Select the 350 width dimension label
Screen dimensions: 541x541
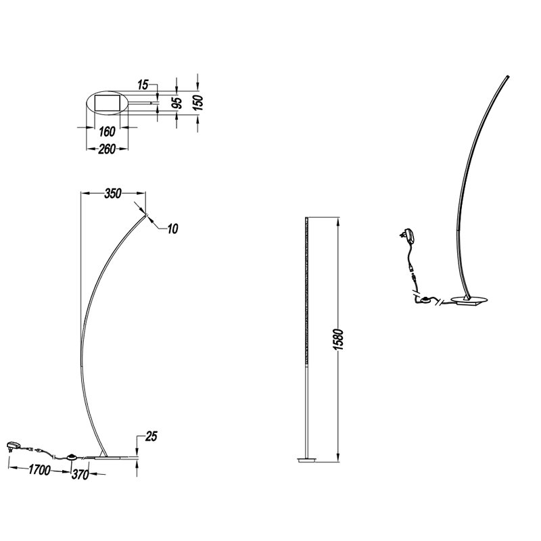113,193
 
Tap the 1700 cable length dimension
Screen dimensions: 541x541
39,469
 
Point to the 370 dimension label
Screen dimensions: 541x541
80,475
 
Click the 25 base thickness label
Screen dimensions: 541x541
151,436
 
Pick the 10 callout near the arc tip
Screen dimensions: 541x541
172,229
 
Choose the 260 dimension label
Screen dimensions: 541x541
107,149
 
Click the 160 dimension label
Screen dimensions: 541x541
107,131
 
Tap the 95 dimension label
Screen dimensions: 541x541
177,103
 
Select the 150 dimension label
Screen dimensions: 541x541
198,103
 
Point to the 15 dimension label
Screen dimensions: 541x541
143,85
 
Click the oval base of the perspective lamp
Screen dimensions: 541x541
469,300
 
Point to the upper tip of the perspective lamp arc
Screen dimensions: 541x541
509,76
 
